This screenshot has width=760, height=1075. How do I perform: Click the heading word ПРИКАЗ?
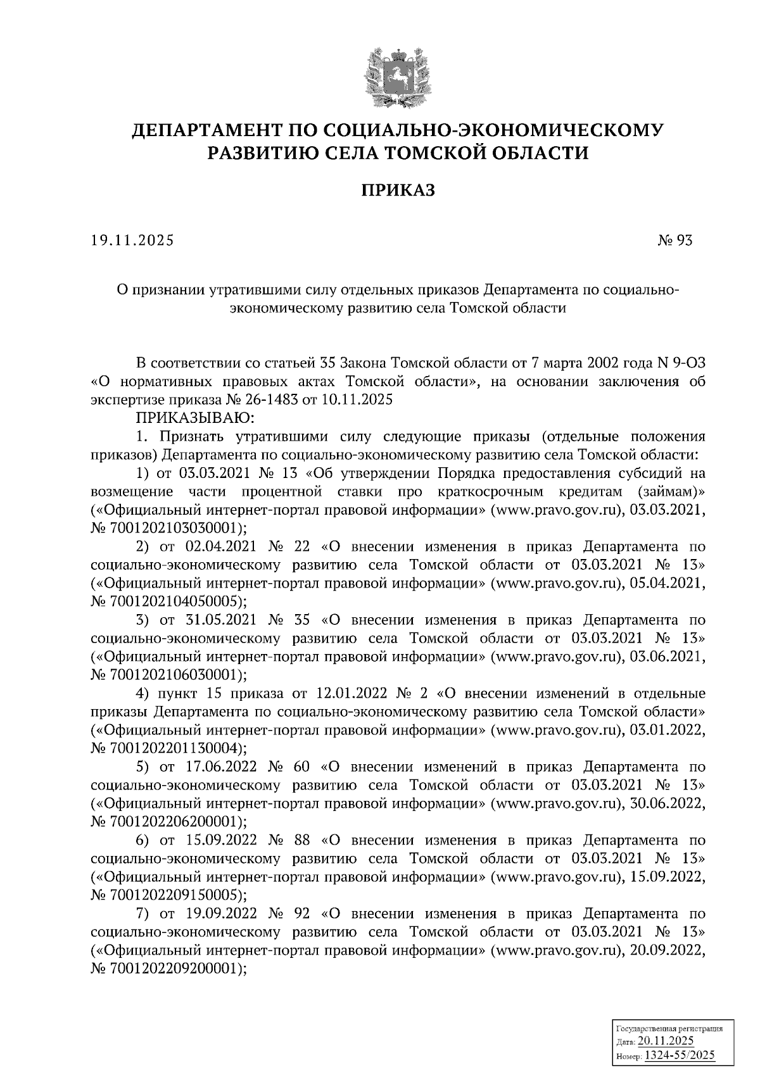coord(398,190)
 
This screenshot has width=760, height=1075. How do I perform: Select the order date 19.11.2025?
coord(131,241)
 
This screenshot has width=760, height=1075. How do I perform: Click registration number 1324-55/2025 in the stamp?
coord(680,1055)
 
